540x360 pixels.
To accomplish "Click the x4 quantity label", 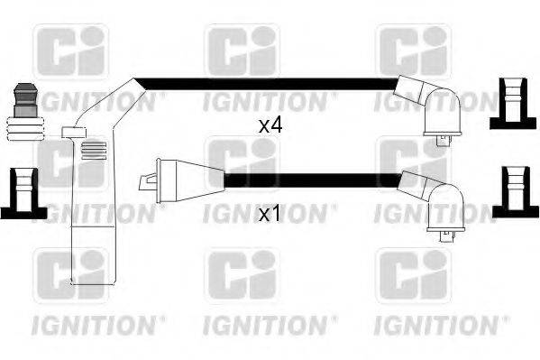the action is [x=270, y=126].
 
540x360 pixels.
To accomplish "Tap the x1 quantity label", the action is [x=270, y=216].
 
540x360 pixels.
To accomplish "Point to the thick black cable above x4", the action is [x=270, y=86].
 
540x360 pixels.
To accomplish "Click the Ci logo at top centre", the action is [x=242, y=52].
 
